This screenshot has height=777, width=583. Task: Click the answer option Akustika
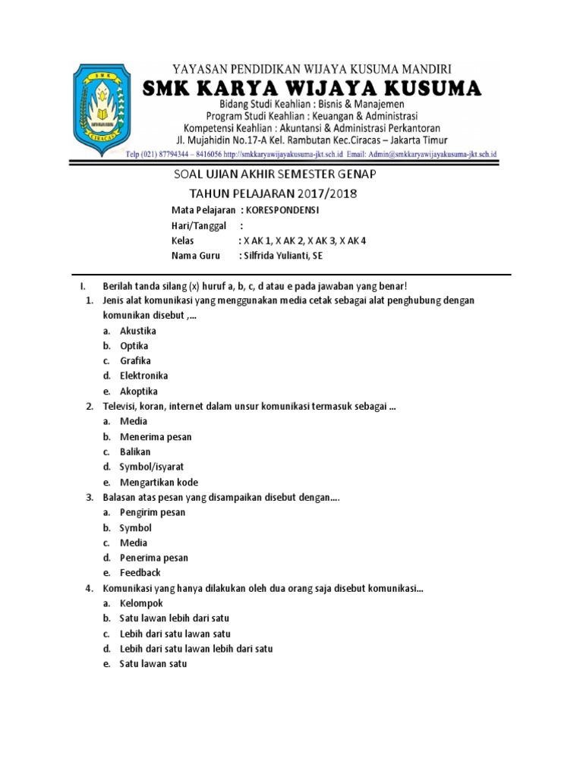(138, 331)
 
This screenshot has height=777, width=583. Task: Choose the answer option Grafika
(135, 360)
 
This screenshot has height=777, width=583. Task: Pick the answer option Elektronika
(144, 376)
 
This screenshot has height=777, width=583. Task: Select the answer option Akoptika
(139, 391)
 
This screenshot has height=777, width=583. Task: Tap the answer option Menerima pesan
(156, 436)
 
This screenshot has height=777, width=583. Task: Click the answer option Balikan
(135, 451)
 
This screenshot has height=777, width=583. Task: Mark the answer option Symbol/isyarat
(152, 467)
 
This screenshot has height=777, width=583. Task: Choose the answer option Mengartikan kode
(159, 482)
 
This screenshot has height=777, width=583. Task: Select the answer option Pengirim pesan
(153, 512)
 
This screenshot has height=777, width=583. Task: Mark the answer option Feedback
(140, 573)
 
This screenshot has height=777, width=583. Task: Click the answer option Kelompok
(141, 603)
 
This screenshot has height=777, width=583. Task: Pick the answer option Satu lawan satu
(153, 664)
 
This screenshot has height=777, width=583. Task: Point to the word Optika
(134, 346)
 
